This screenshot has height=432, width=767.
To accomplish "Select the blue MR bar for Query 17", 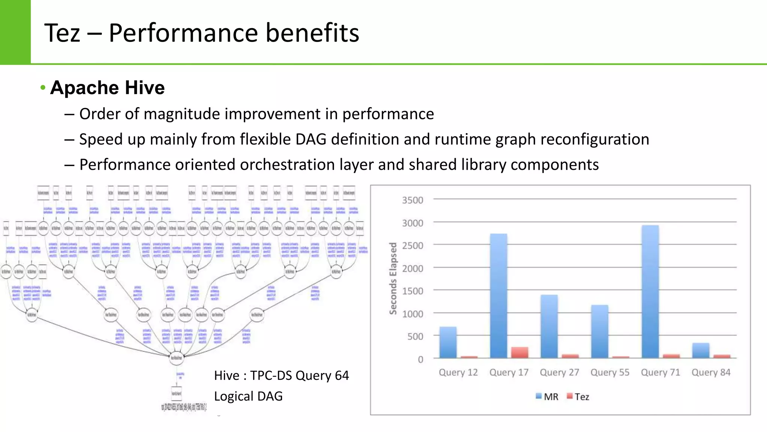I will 498,296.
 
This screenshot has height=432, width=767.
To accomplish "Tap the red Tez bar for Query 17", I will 520,352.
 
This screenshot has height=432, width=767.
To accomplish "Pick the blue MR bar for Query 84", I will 701,351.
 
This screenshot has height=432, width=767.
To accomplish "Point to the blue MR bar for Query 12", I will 448,342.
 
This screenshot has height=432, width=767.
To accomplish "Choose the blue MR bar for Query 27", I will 549,326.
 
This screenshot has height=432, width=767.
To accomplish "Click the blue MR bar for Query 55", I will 600,331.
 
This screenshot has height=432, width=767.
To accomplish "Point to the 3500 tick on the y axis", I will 412,200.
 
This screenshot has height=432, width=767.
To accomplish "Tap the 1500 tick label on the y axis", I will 412,291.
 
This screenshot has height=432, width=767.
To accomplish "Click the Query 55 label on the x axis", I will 610,372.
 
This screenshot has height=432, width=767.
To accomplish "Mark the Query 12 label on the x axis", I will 458,372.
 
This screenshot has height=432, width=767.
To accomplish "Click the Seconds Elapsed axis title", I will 393,278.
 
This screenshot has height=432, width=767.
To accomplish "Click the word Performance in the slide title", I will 183,33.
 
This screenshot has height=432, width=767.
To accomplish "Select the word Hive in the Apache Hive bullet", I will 145,88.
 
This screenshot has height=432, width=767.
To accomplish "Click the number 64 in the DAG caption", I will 342,375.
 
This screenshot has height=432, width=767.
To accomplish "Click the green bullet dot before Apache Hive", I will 43,88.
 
